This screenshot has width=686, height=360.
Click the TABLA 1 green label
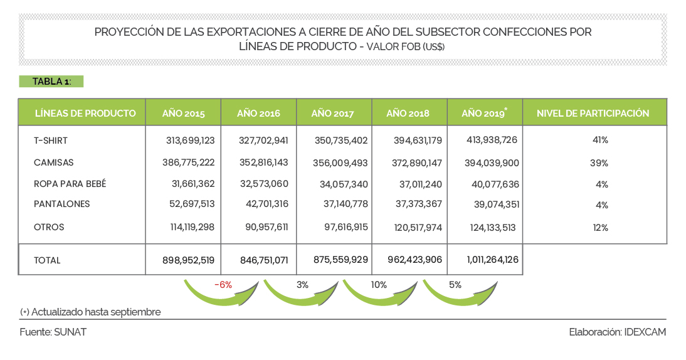[51, 82]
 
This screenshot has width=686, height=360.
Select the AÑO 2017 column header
[332, 114]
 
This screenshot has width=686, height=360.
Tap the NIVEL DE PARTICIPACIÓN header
[593, 114]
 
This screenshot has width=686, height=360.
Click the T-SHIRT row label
[51, 140]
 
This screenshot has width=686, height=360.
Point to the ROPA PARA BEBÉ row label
[70, 184]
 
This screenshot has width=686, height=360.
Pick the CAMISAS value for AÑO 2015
[188, 162]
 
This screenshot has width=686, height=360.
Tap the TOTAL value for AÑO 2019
[492, 260]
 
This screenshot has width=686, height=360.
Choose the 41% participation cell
[600, 140]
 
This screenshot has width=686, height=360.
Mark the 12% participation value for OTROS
[600, 228]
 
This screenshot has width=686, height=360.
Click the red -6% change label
[223, 285]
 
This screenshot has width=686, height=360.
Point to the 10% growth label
[379, 285]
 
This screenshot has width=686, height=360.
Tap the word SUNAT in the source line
[70, 332]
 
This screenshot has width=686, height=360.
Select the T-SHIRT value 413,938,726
[492, 140]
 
